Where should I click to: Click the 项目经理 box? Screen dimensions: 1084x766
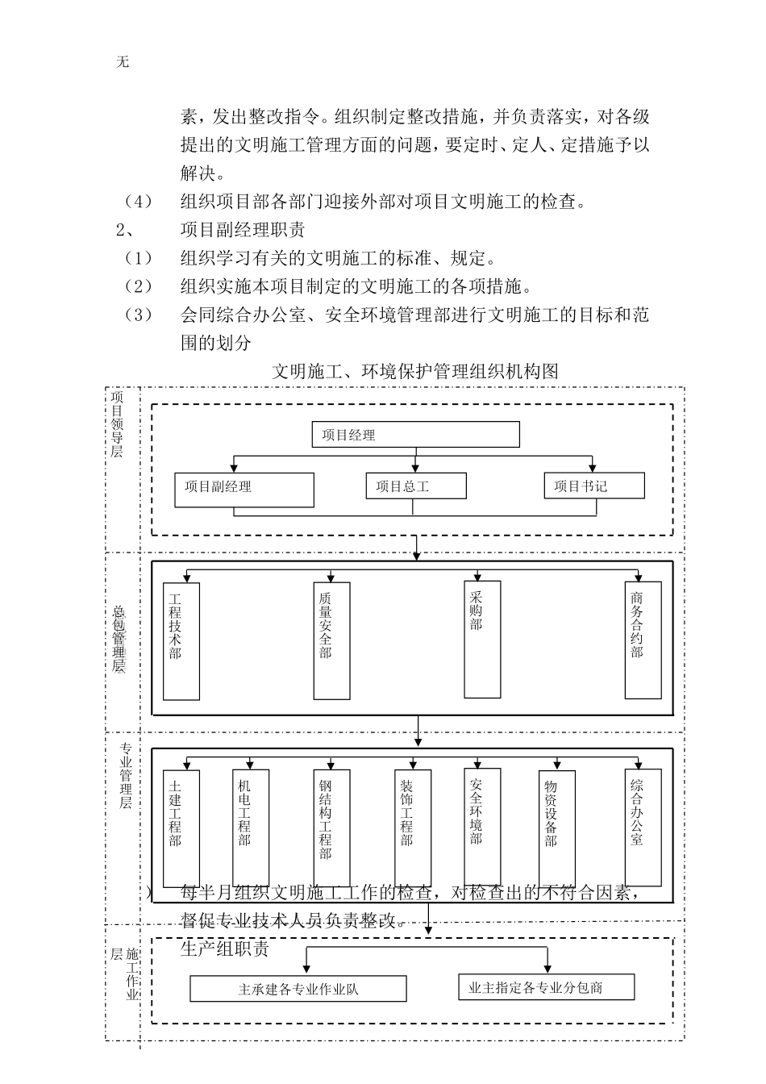coord(415,435)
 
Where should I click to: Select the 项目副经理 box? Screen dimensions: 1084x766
coord(244,490)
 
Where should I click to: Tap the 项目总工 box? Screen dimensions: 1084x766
coord(416,486)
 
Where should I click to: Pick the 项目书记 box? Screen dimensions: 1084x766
coord(594,486)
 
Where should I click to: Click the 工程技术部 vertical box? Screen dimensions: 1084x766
coord(181,641)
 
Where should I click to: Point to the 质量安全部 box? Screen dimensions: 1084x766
coord(331,641)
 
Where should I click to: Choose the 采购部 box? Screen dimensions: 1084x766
coord(481,639)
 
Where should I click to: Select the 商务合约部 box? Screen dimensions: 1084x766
coord(643,640)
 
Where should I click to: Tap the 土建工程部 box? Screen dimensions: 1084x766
coord(181,828)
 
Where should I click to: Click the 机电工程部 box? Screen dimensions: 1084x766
coord(250,828)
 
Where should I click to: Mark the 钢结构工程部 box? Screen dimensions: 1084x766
coord(331,828)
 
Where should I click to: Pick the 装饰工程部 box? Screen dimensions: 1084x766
coord(412,828)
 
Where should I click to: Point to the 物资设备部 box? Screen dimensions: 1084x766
coord(556,828)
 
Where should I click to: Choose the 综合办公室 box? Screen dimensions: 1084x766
coord(643,826)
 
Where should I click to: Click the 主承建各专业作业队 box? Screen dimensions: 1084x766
coord(298,989)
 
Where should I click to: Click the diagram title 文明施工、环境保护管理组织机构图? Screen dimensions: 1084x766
coord(414,371)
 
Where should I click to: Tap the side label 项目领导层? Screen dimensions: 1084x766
coord(118,424)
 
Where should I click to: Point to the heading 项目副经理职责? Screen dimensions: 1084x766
coord(243,230)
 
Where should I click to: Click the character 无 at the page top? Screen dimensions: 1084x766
coord(123,62)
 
